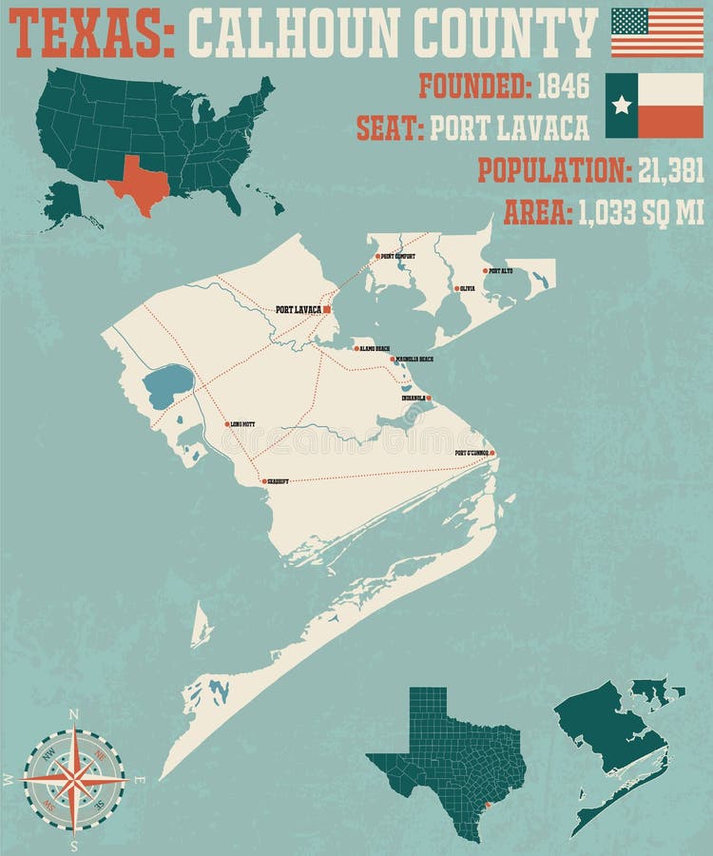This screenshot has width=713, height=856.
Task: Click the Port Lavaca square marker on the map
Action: (x=326, y=309)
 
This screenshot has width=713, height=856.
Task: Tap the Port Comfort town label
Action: (x=398, y=256)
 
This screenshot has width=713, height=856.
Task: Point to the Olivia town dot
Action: (x=455, y=288)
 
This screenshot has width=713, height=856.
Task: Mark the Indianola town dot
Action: (x=429, y=398)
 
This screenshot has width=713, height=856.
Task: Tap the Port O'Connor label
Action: (x=472, y=453)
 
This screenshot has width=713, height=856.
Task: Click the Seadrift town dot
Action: (x=264, y=482)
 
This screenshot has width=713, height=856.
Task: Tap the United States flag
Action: (x=657, y=32)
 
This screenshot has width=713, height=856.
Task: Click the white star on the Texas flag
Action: (x=622, y=105)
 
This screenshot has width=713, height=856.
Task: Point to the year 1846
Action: (x=563, y=88)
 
